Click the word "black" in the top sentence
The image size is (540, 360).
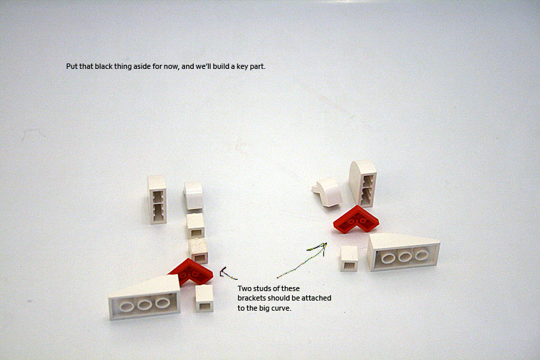point(104,66)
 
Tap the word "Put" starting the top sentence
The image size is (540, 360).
point(72,66)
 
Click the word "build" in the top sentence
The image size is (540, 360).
point(221,66)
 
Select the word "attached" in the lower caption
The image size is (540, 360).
point(317,298)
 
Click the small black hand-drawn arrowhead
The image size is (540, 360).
point(225,273)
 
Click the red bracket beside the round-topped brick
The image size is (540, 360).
point(356,220)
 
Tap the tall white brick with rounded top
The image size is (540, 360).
point(362,183)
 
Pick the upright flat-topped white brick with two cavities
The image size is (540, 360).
point(157,199)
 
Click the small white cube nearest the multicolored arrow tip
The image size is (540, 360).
point(349,259)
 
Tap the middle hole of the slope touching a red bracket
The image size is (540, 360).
point(144,305)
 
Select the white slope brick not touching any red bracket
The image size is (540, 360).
point(404,252)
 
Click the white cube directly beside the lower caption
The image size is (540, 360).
point(205,299)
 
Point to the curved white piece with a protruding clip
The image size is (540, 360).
point(327,192)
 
